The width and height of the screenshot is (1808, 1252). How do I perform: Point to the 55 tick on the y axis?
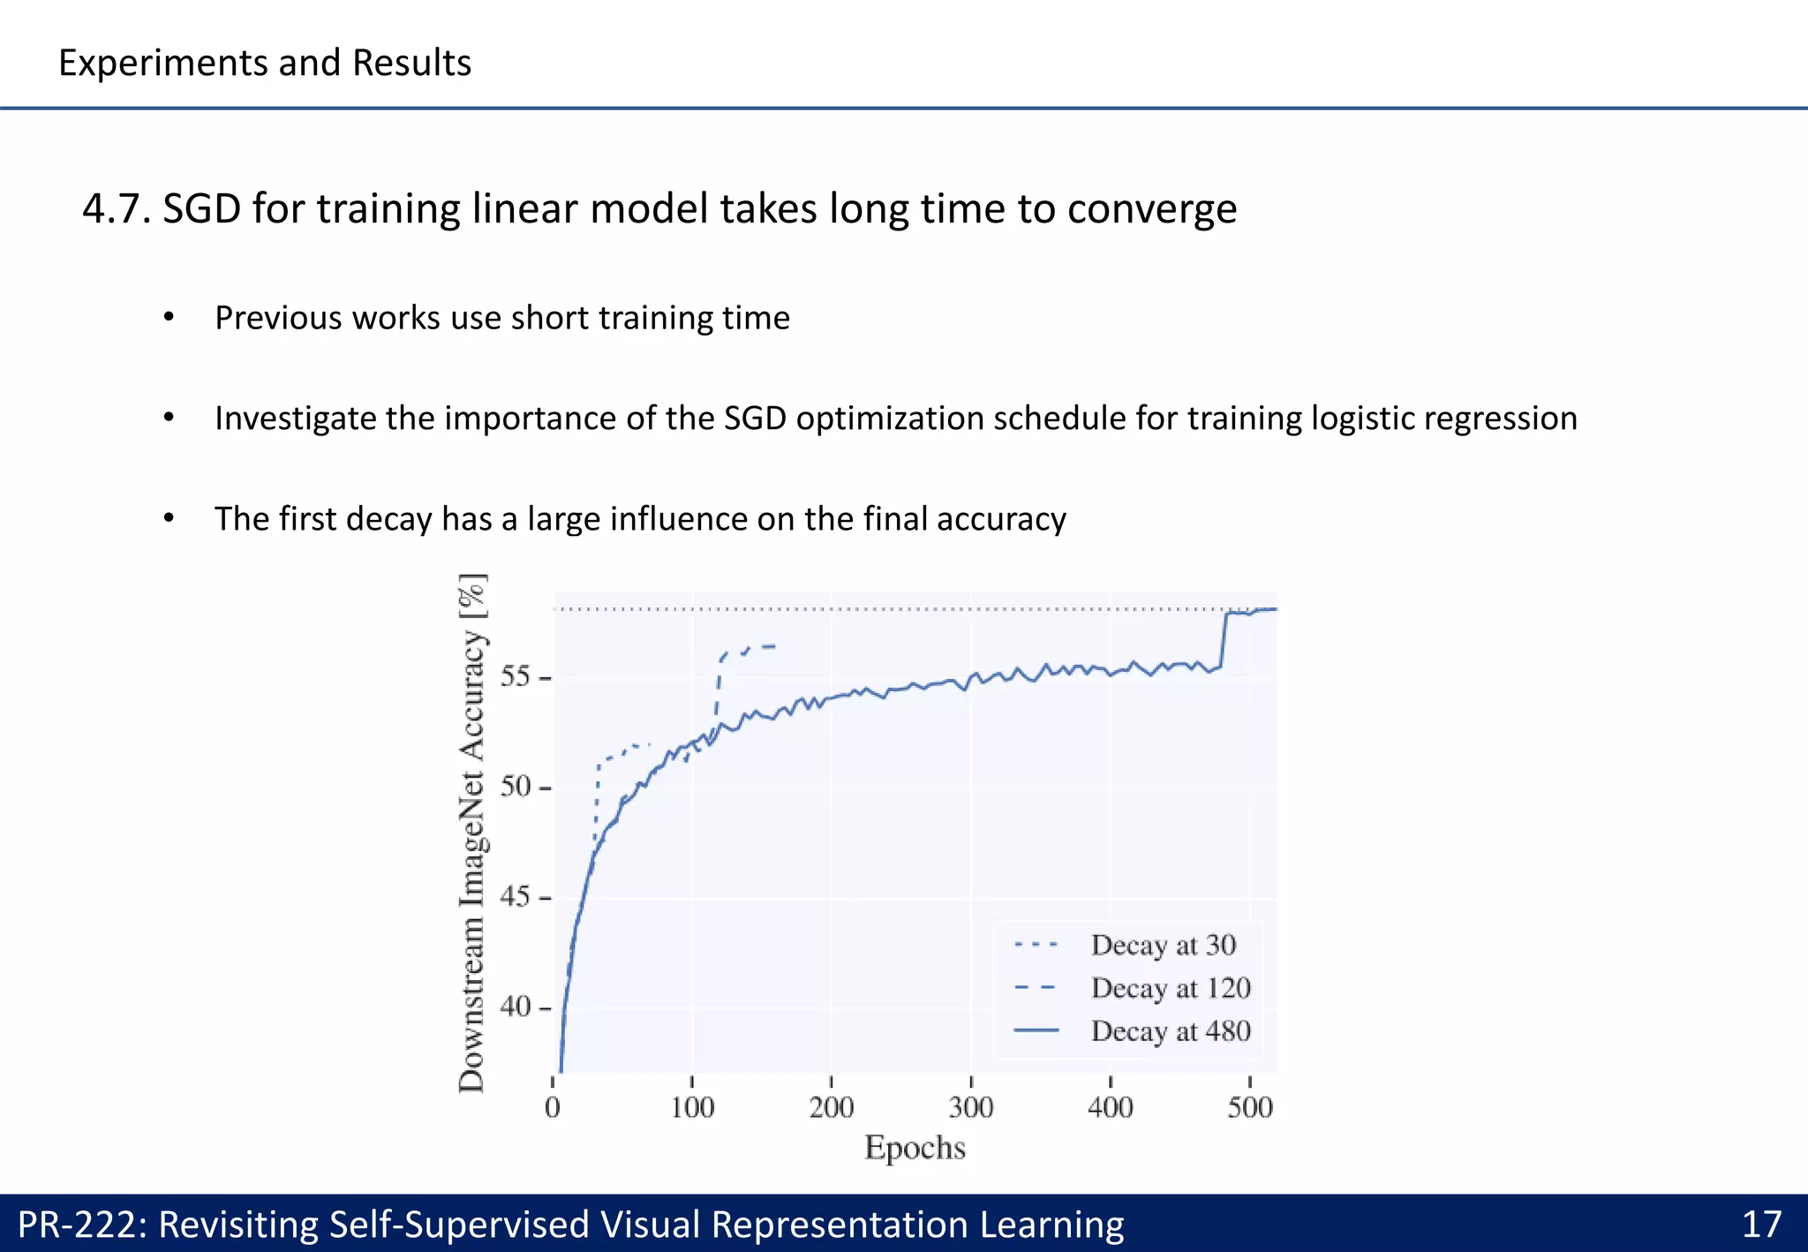[x=516, y=678]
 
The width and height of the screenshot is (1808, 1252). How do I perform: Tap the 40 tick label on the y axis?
[x=516, y=1007]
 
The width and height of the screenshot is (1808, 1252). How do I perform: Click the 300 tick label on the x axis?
[x=970, y=1107]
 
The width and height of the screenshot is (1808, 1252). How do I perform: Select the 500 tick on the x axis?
[x=1249, y=1107]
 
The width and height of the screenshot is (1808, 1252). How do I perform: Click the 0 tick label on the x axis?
[x=553, y=1107]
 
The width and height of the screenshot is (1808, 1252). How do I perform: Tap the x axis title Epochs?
[x=915, y=1148]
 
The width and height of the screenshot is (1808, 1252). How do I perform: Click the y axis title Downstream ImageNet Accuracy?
[x=472, y=834]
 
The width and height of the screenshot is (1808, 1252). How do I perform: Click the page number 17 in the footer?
[x=1761, y=1225]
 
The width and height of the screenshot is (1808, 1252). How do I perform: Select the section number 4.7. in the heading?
[x=117, y=209]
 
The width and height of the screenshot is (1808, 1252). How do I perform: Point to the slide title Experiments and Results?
[x=265, y=63]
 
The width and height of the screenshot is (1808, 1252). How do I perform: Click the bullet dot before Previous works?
[x=169, y=318]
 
